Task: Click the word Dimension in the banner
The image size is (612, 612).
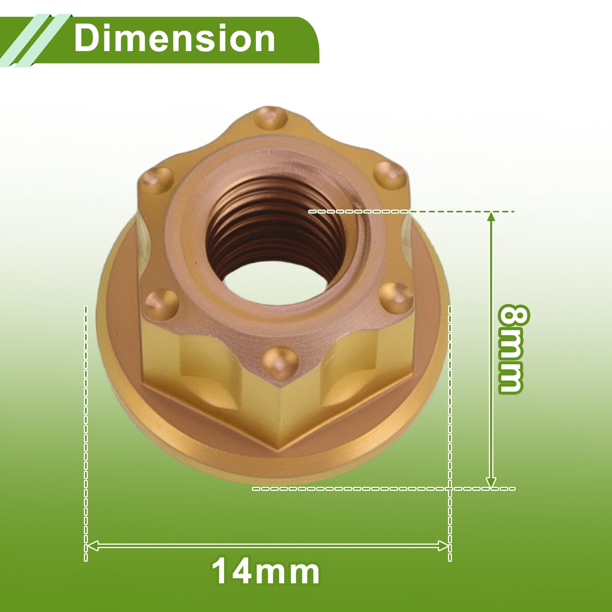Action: (x=174, y=39)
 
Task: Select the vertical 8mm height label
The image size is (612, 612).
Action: (x=513, y=349)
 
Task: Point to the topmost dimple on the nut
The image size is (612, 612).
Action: (x=271, y=118)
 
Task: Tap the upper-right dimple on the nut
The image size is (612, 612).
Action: (x=390, y=175)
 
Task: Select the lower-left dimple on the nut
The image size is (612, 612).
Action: (x=161, y=304)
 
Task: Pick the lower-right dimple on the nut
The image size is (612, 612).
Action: (x=396, y=297)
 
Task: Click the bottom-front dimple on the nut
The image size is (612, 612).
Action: (x=281, y=363)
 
